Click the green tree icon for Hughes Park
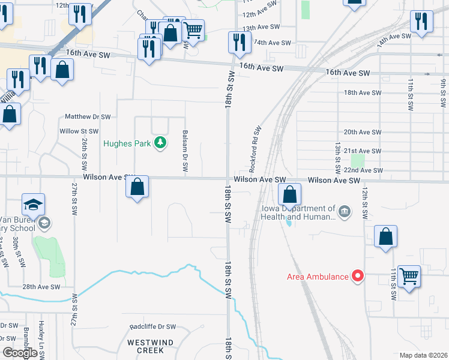click(160, 143)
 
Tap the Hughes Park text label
click(127, 143)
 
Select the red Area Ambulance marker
click(358, 276)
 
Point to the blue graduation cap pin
click(34, 204)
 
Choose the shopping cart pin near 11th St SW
click(409, 277)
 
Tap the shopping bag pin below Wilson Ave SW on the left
click(137, 187)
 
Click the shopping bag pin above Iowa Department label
click(289, 194)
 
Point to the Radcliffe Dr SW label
click(153, 327)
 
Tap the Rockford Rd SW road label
click(255, 147)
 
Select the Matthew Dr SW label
click(88, 116)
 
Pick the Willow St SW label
click(79, 131)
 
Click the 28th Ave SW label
click(41, 287)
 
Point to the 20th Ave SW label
click(363, 132)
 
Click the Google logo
click(19, 353)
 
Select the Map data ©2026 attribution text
click(423, 355)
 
